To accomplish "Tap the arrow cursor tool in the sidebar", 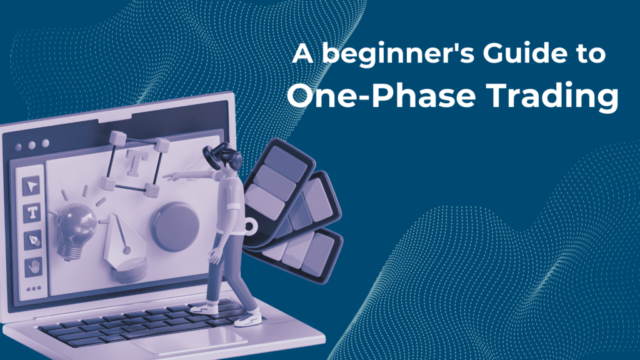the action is (31, 186).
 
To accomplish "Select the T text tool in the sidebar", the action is (32, 212).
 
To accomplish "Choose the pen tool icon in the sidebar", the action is (32, 240).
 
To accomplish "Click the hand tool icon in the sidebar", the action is (33, 267).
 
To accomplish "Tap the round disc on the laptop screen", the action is (175, 226).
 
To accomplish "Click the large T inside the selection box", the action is (134, 162).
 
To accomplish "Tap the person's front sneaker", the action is (248, 319).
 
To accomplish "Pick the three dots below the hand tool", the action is (34, 289).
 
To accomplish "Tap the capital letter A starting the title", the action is (303, 53).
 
